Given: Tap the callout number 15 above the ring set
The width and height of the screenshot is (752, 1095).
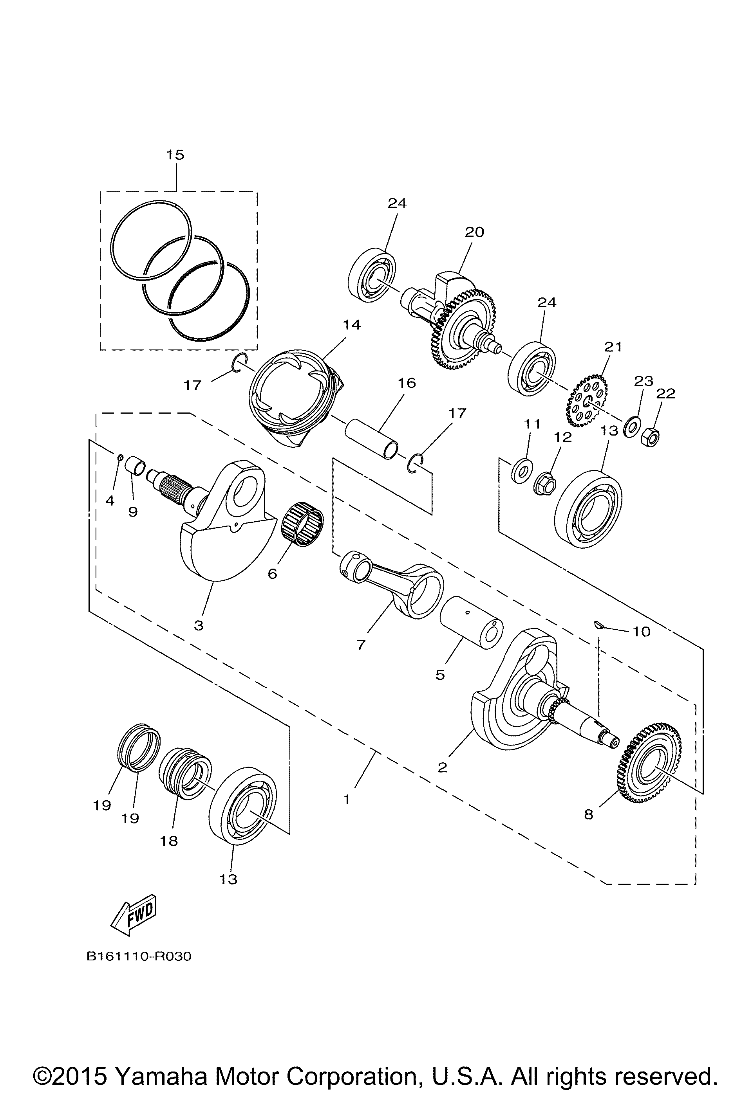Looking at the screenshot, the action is click(x=175, y=155).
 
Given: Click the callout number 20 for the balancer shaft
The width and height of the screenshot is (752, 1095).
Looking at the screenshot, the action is click(x=474, y=232).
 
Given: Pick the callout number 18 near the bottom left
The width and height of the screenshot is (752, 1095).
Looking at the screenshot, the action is click(x=169, y=841).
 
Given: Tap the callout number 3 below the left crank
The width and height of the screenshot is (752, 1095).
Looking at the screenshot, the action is click(x=199, y=625).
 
